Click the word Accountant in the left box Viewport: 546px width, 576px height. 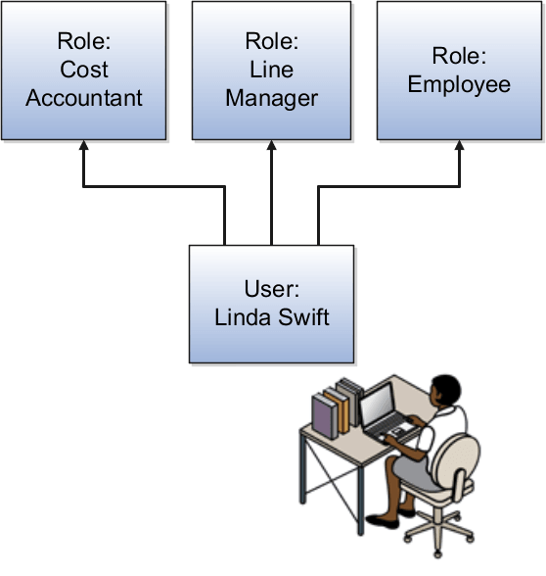(x=84, y=98)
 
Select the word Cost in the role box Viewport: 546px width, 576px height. (x=84, y=71)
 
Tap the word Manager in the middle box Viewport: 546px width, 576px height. (x=271, y=98)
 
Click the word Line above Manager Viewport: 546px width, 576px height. (x=271, y=71)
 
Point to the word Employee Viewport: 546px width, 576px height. (x=459, y=84)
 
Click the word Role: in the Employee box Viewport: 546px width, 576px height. (x=459, y=57)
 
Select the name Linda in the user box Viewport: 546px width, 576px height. (x=239, y=316)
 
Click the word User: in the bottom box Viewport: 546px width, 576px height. (x=271, y=289)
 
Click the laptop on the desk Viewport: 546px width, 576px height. (x=384, y=410)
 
